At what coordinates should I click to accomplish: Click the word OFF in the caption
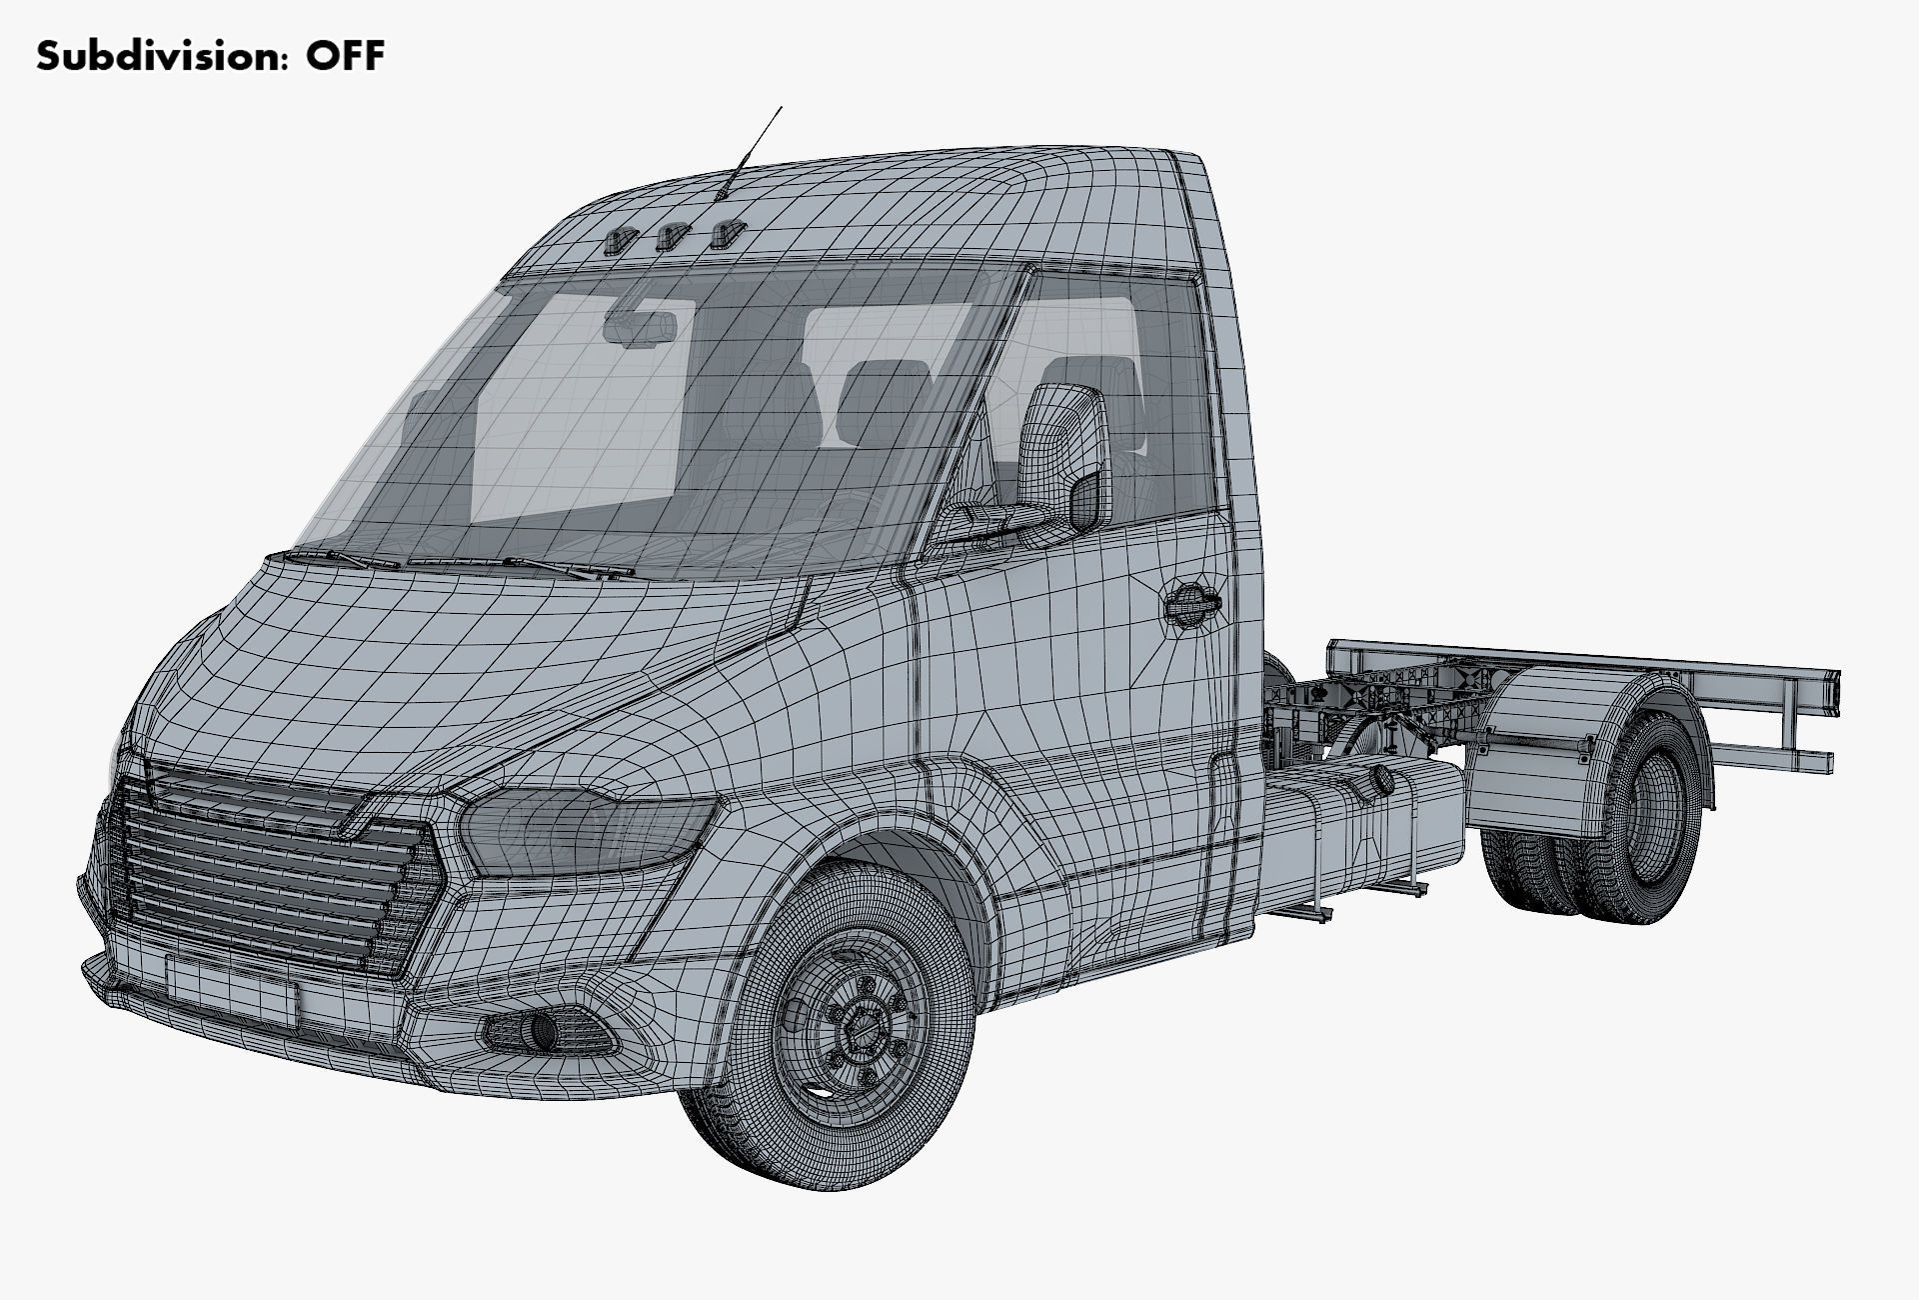click(345, 56)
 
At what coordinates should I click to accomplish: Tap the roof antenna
click(752, 150)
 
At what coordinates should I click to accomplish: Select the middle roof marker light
click(670, 237)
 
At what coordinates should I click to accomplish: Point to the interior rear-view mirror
click(641, 328)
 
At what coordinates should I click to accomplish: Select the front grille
click(270, 870)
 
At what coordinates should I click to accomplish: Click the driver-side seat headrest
click(880, 390)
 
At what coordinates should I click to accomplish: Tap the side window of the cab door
click(1119, 400)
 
